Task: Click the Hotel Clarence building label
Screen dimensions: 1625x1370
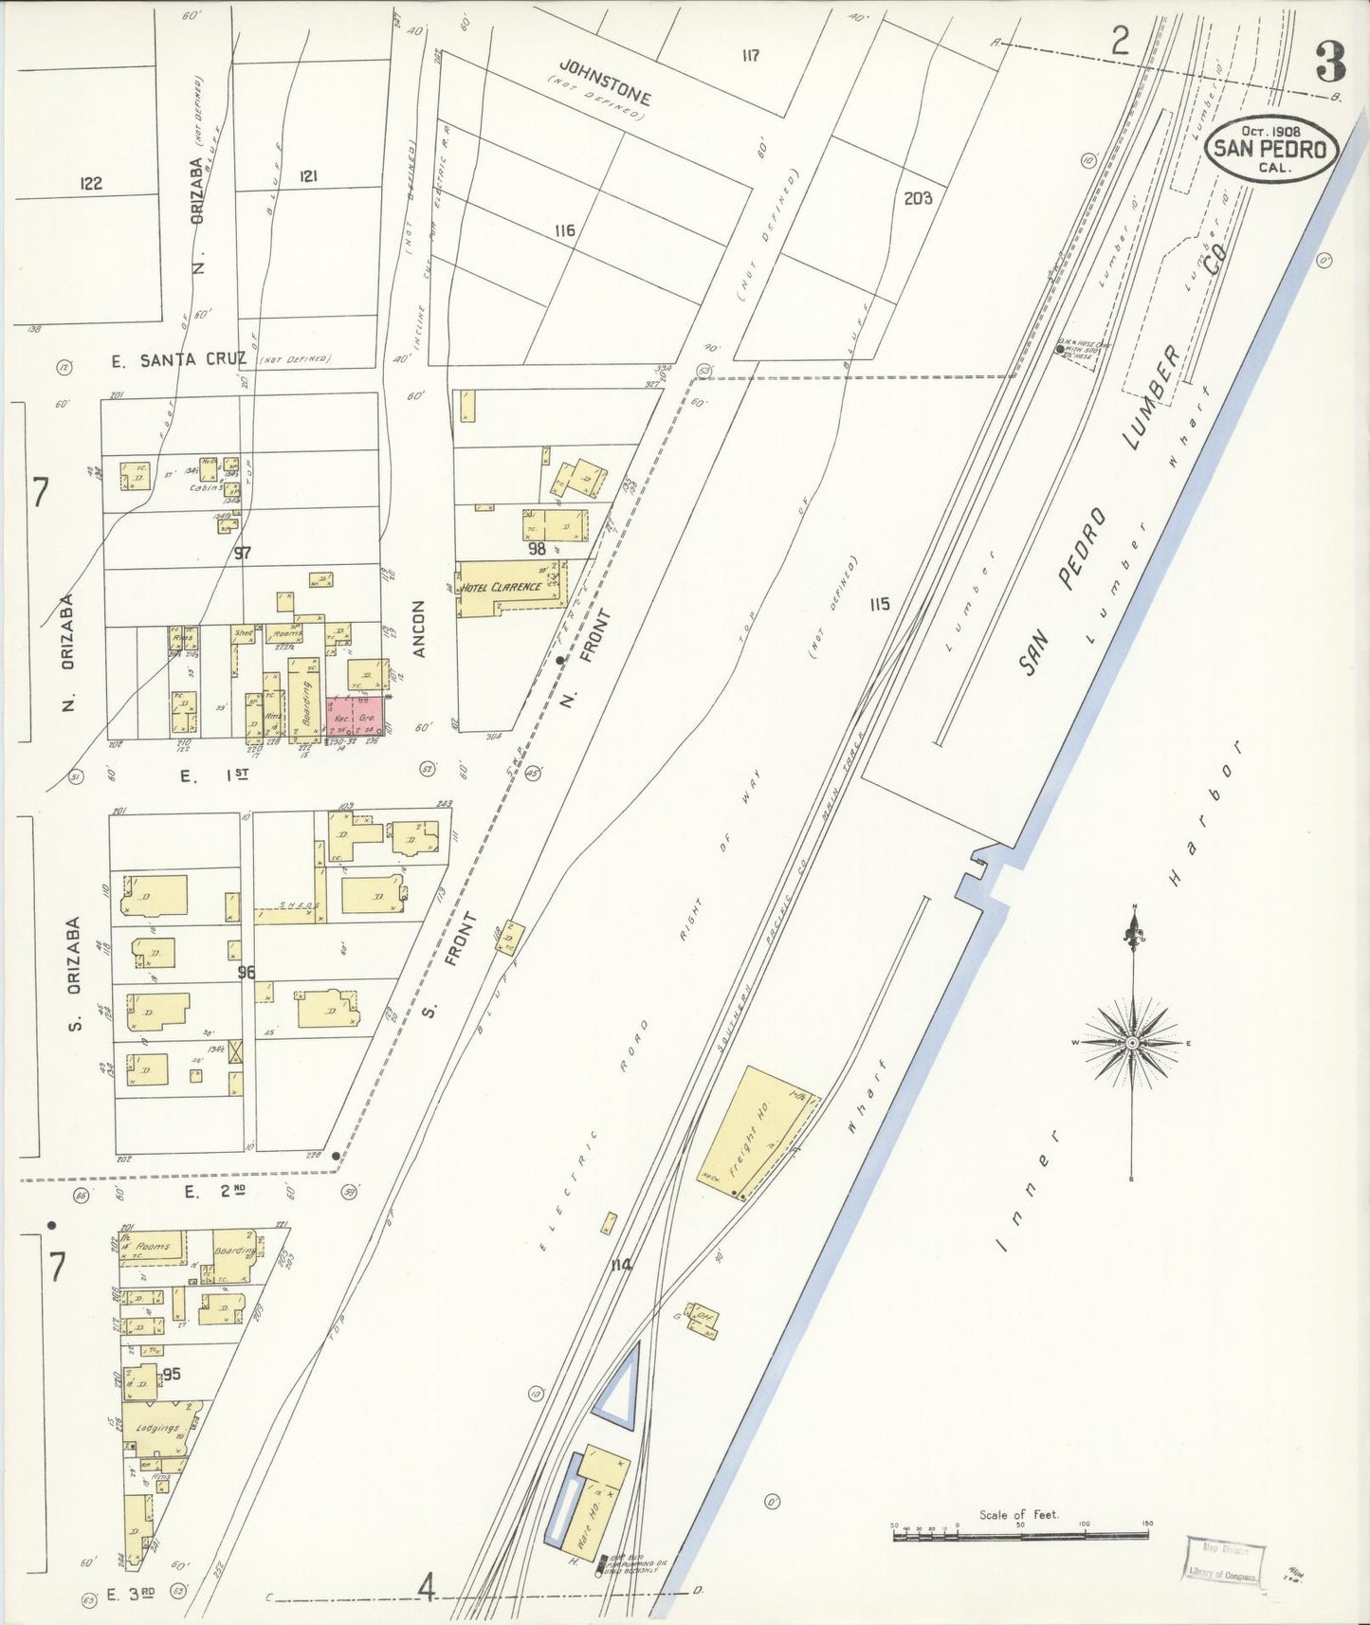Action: coord(502,587)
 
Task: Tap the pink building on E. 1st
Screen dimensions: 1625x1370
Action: coord(356,716)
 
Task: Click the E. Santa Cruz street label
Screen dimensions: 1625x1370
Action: coord(177,358)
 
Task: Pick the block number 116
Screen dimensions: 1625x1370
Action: coord(565,230)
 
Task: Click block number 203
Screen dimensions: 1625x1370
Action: coord(918,198)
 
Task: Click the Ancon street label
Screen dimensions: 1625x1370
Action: coord(419,628)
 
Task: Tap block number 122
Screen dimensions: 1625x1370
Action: coord(90,183)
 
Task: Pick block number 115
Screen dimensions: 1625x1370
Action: coord(879,604)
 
